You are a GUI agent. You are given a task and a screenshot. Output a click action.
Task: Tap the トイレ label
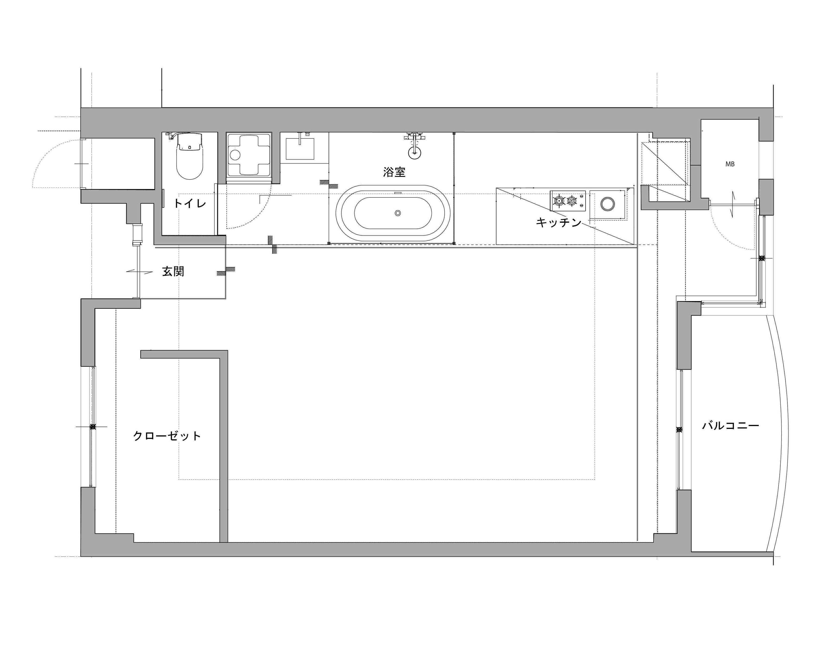[189, 203]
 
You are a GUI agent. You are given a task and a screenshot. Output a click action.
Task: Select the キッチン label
[559, 222]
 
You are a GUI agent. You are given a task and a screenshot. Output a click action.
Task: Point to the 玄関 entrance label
[173, 271]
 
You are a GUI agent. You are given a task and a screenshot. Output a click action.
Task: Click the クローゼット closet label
[167, 436]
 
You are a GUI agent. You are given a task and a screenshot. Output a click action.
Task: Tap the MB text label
[730, 164]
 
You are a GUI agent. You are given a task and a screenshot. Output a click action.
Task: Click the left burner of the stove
[559, 201]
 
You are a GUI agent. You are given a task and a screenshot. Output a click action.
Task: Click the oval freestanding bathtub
[393, 213]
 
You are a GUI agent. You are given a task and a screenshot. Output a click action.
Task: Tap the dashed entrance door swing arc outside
[47, 155]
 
